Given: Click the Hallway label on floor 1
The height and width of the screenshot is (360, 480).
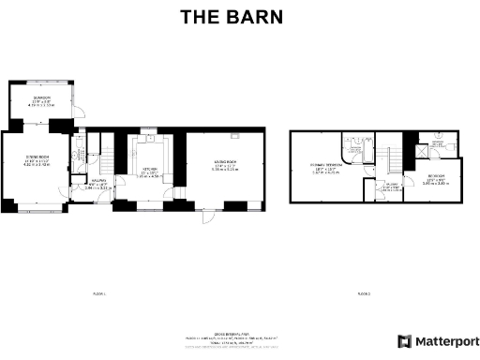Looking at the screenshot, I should (97, 186).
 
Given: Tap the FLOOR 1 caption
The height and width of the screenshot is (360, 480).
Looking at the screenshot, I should (99, 293).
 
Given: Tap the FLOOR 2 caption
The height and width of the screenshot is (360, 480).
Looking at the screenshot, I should (363, 293).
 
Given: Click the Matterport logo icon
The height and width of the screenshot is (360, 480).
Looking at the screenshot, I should (404, 340).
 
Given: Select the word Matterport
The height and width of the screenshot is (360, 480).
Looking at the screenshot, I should (445, 340).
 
